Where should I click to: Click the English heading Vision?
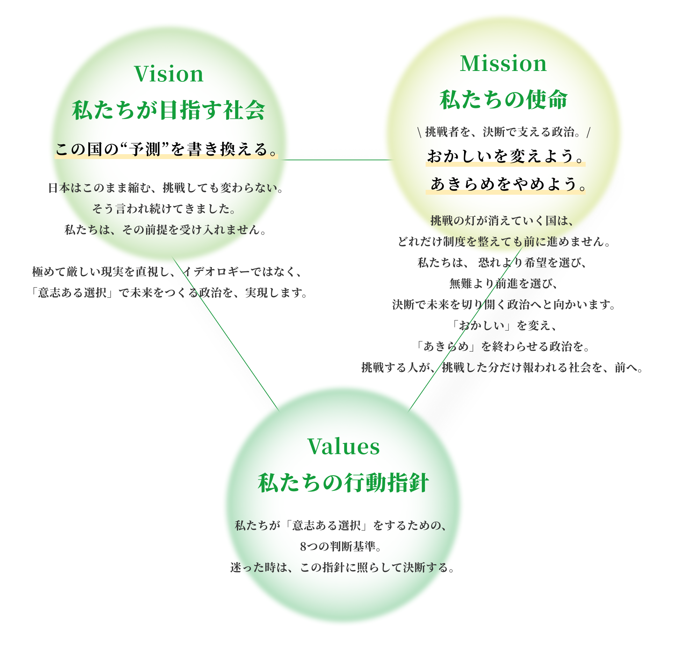point(168,74)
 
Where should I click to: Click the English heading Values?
point(344,446)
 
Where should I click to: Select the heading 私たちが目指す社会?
point(168,110)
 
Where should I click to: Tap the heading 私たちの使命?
point(503,100)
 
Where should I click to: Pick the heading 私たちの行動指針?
point(344,483)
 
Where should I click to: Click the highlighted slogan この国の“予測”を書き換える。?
point(166,150)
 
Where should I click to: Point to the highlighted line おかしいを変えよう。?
point(505,156)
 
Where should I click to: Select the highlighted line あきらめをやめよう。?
point(505,184)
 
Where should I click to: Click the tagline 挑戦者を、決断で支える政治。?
point(503,132)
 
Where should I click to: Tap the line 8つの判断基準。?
point(340,546)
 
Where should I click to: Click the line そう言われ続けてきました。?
point(164,209)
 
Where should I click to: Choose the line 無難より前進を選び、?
point(503,283)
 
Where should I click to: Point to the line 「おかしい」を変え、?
point(503,325)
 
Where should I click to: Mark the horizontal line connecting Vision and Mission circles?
point(337,160)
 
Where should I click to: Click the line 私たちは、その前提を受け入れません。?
point(165,230)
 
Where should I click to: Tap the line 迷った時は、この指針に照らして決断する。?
point(342,567)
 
